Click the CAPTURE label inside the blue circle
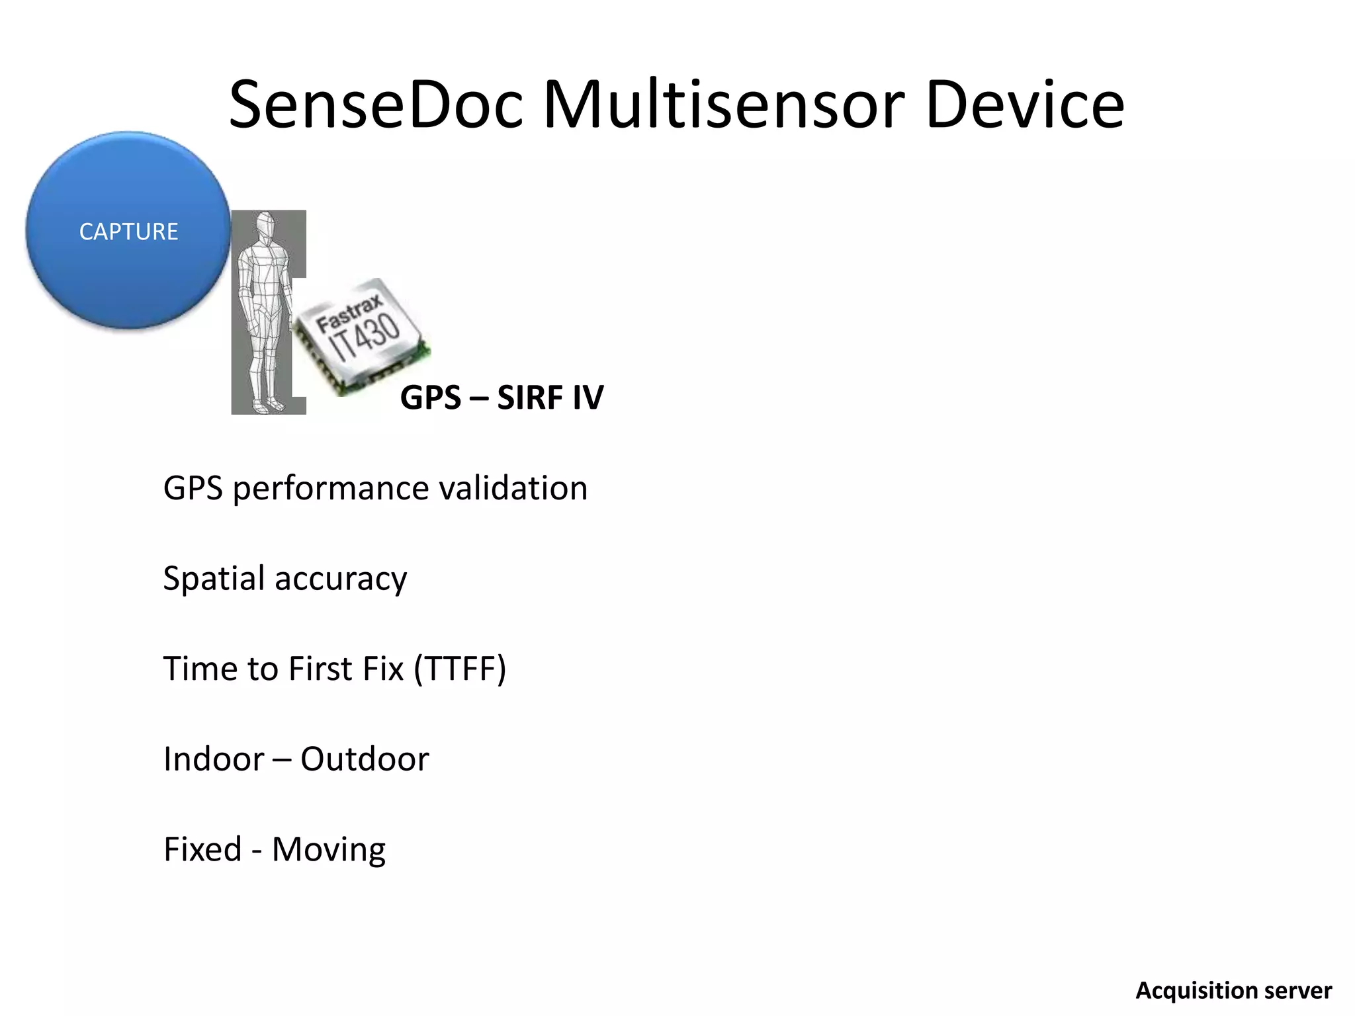128,232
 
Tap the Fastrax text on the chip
349,314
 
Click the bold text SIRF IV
550,398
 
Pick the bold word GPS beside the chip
430,398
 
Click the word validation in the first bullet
513,488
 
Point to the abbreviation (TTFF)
460,669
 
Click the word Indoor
213,759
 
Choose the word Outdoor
365,759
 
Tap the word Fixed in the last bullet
202,849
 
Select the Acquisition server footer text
1233,991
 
